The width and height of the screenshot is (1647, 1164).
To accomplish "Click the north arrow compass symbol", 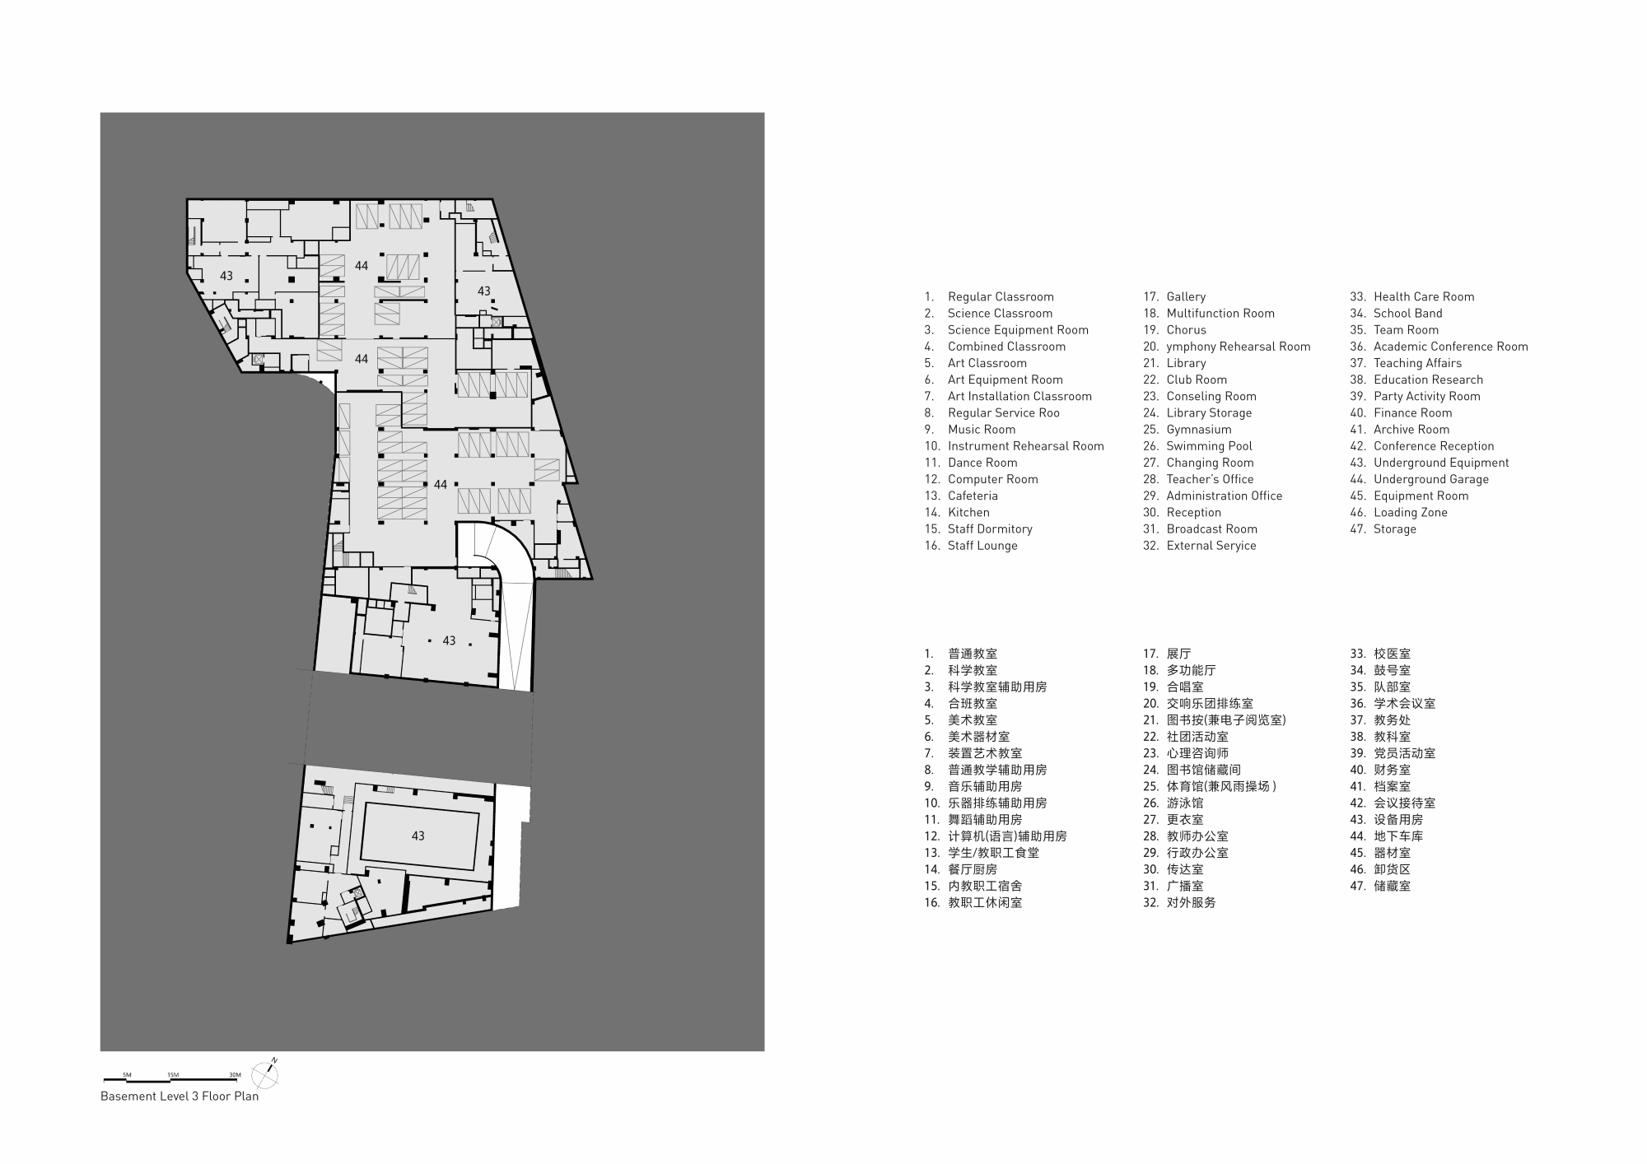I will click(x=264, y=1074).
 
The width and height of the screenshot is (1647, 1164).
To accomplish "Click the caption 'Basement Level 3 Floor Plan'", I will click(x=180, y=1096).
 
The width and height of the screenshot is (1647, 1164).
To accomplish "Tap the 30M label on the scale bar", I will click(x=235, y=1075).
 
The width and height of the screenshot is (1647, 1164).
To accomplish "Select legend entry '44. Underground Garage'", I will click(x=1430, y=479).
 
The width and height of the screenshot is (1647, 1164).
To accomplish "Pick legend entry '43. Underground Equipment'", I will click(x=1440, y=463).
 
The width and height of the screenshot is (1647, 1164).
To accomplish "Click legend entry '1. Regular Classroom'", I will click(x=988, y=296).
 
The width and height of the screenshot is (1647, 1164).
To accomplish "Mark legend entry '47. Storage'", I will click(x=1383, y=528).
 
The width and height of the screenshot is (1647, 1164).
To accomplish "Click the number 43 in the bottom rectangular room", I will click(x=418, y=836).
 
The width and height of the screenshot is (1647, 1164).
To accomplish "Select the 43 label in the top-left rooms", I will click(x=226, y=277).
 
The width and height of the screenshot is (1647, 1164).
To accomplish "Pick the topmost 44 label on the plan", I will click(x=362, y=266).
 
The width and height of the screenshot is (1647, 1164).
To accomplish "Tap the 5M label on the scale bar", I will click(x=127, y=1075).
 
